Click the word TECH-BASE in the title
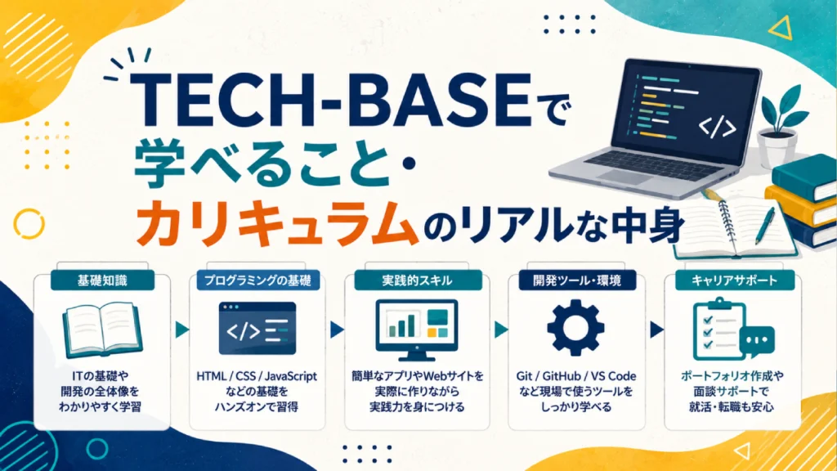(332, 101)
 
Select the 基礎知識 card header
(102, 280)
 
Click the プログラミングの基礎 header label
(257, 280)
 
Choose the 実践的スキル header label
(418, 280)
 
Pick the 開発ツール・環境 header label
(577, 280)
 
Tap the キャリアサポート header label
(735, 280)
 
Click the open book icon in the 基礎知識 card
(102, 329)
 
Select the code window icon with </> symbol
(257, 329)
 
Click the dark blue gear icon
(576, 328)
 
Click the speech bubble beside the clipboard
(757, 341)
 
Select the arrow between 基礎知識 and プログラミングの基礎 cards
(182, 330)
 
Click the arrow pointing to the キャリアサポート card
(656, 330)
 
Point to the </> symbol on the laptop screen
(718, 127)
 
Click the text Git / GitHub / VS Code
(576, 376)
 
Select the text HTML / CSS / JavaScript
(257, 376)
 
